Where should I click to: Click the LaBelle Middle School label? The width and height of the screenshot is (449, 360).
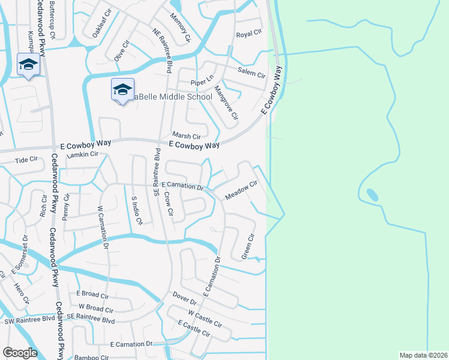173,97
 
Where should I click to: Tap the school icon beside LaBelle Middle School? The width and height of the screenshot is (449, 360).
122,90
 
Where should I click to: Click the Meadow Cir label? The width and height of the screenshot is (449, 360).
241,191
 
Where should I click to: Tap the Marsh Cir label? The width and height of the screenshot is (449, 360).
185,136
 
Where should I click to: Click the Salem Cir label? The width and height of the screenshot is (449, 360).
251,73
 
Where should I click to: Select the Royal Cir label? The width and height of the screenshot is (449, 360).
249,34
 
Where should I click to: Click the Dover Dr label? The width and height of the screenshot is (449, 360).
184,298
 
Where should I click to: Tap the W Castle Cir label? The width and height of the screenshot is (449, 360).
205,319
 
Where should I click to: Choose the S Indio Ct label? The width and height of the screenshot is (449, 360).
136,209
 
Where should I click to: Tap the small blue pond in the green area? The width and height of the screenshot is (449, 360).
372,195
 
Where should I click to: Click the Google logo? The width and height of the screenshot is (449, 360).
20,353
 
